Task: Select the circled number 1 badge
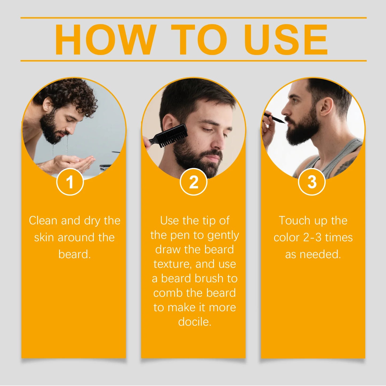pyautogui.click(x=70, y=182)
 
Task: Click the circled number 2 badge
pyautogui.click(x=193, y=182)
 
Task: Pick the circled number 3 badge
pyautogui.click(x=311, y=182)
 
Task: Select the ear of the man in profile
pyautogui.click(x=327, y=106)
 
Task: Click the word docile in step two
pyautogui.click(x=194, y=322)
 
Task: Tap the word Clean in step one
pyautogui.click(x=43, y=221)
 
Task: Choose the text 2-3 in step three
pyautogui.click(x=312, y=237)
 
